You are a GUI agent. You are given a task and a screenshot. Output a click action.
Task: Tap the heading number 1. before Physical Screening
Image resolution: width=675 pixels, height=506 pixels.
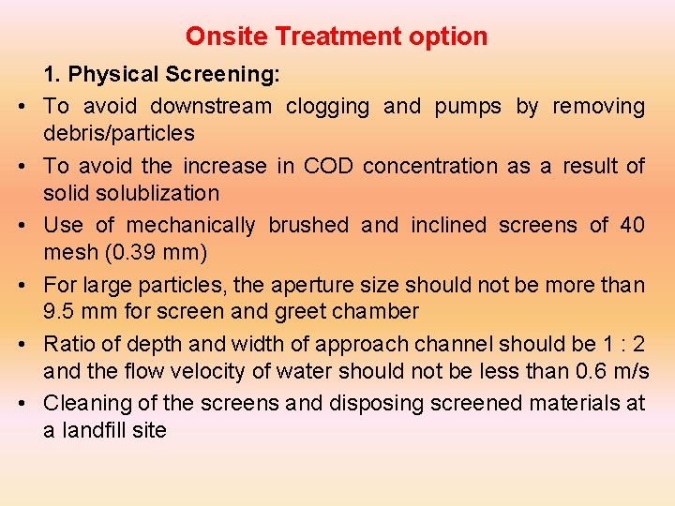coord(52,74)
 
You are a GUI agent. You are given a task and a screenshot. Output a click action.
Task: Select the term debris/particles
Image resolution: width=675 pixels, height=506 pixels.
coord(119,133)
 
